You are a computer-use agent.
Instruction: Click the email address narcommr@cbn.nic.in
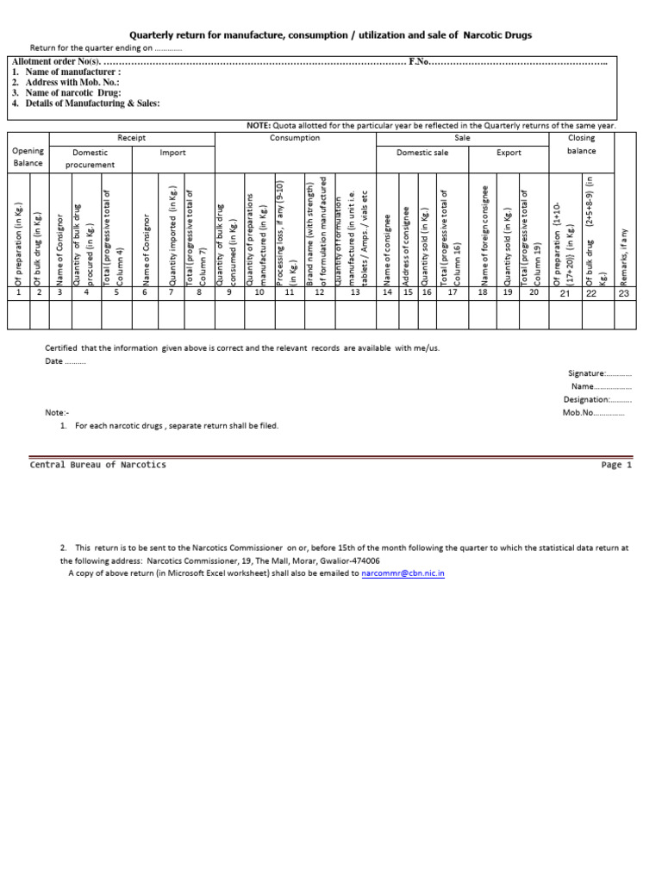(x=403, y=573)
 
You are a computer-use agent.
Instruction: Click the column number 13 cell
(x=355, y=293)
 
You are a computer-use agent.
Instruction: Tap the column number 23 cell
(x=624, y=293)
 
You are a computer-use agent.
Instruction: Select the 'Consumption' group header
(x=294, y=138)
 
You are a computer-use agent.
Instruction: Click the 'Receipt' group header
(x=131, y=138)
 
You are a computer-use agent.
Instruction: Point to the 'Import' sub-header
(x=172, y=153)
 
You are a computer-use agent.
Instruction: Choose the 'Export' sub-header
(x=509, y=153)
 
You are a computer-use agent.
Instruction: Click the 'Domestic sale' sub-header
(x=422, y=153)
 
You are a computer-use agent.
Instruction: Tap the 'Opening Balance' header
(x=28, y=156)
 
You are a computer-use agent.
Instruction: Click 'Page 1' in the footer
(x=616, y=465)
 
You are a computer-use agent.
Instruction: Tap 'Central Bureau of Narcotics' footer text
(x=98, y=465)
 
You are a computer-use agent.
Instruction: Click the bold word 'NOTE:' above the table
(x=259, y=126)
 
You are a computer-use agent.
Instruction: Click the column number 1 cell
(x=18, y=293)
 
